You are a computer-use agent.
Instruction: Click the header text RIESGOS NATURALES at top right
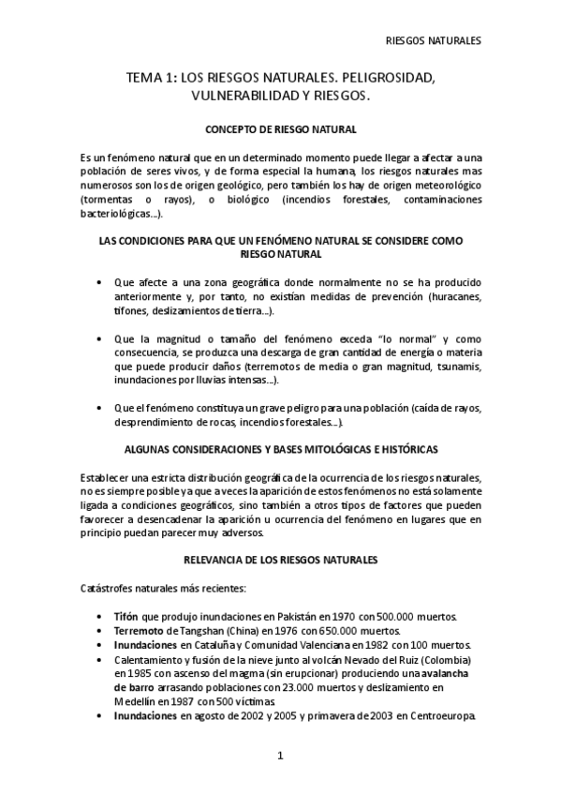point(433,41)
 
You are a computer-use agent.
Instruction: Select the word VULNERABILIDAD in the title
point(242,97)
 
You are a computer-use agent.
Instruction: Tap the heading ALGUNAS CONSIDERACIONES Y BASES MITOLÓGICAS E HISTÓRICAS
point(280,450)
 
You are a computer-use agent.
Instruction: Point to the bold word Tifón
point(125,616)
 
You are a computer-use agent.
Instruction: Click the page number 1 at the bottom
point(280,756)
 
